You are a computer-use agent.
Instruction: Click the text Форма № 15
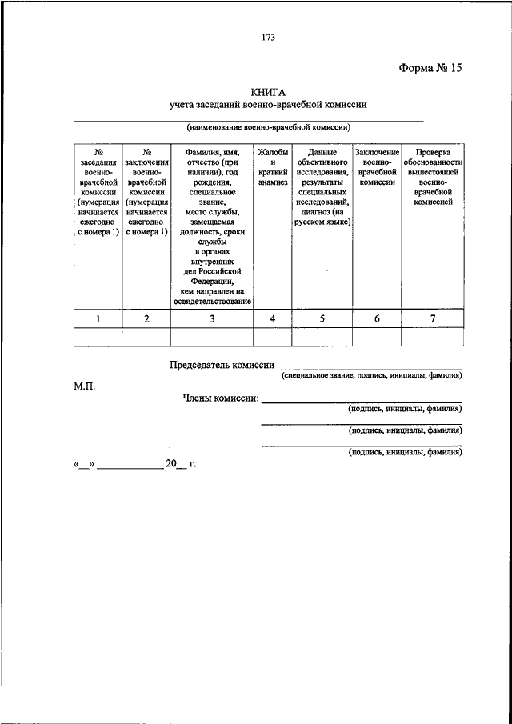pos(430,68)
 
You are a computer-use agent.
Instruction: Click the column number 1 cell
pos(98,319)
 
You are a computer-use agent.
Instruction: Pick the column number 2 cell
pos(146,319)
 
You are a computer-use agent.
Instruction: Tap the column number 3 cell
pos(212,319)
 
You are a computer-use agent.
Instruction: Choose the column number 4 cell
pos(272,319)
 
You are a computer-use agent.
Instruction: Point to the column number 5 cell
pos(322,319)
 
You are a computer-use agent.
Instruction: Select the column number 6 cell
pos(377,319)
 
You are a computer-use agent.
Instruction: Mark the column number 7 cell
pos(433,319)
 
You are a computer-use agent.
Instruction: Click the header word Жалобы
pos(272,152)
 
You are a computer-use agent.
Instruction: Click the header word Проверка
pos(433,152)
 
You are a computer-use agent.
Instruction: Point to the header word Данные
pos(322,152)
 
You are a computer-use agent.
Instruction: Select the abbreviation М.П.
pos(85,386)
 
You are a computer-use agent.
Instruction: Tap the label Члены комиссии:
pos(220,398)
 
